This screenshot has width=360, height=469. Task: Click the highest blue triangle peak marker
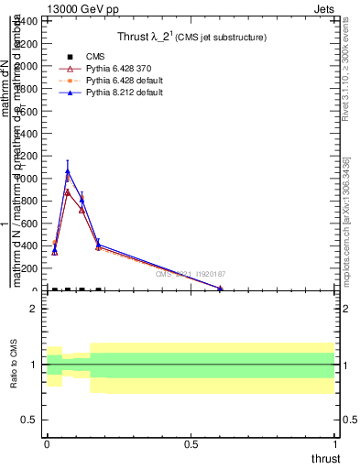[68, 171]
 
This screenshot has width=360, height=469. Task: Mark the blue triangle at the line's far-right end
[220, 289]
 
